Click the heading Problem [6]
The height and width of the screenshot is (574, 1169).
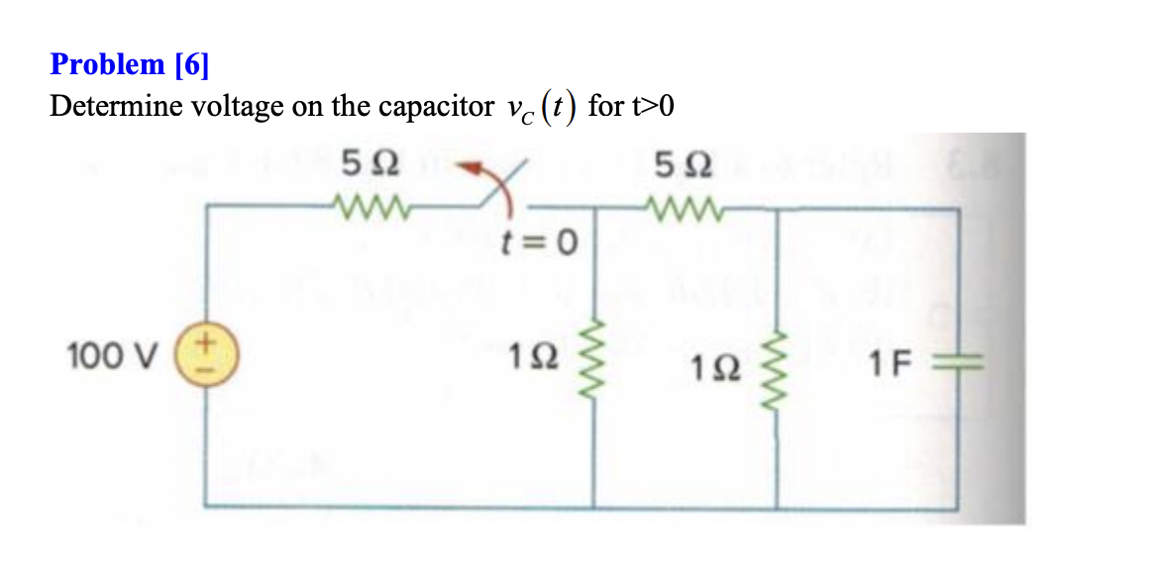click(130, 65)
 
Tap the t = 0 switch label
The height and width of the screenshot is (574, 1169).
click(539, 242)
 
